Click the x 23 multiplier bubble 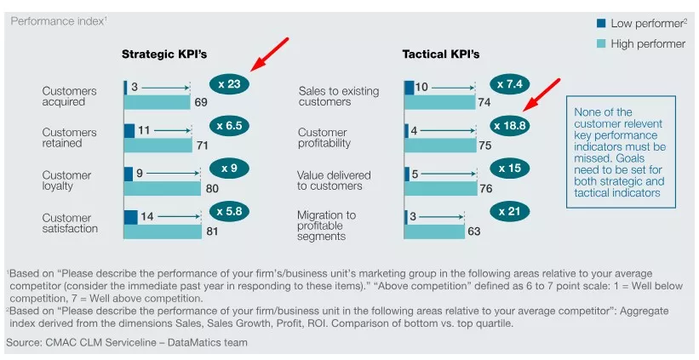tap(230, 84)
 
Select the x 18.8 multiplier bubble tap(510, 126)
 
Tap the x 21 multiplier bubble tap(510, 210)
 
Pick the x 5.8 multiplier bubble tap(230, 210)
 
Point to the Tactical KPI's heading tap(440, 54)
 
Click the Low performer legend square tap(600, 24)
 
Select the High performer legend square tap(600, 44)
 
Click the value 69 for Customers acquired tap(201, 102)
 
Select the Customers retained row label tap(69, 138)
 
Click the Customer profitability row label tap(323, 138)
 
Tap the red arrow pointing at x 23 tap(269, 54)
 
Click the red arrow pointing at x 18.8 tap(541, 95)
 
